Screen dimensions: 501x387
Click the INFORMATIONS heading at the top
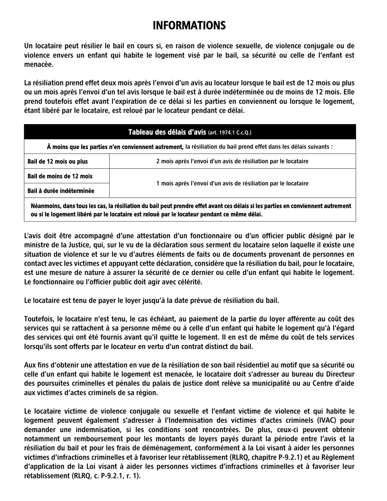(189, 26)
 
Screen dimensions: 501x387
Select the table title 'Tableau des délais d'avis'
(167, 132)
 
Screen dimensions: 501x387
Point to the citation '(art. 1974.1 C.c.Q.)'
(230, 132)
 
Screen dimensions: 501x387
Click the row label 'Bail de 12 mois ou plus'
(57, 161)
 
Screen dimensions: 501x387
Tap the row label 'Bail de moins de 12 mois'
(60, 176)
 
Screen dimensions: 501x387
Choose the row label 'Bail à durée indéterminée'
(61, 191)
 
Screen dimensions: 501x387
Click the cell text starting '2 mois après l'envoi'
(232, 161)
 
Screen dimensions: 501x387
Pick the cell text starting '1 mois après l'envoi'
(232, 183)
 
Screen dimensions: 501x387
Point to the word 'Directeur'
(340, 374)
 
